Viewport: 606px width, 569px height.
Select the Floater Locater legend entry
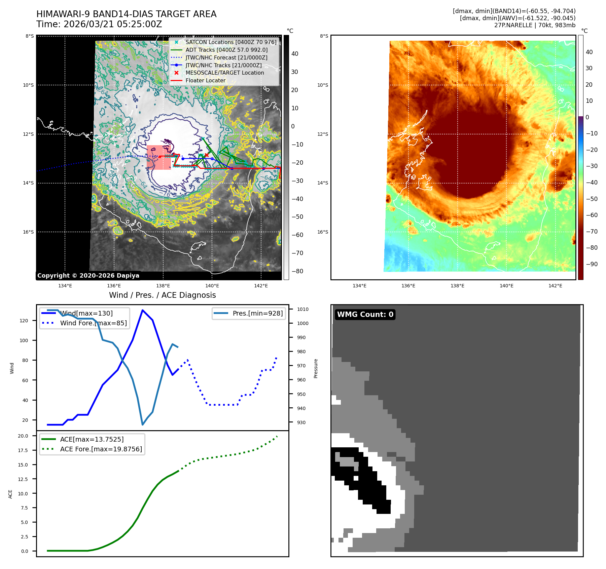click(x=205, y=80)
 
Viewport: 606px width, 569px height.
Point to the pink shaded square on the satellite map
click(x=158, y=157)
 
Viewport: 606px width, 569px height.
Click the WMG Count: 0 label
click(x=365, y=315)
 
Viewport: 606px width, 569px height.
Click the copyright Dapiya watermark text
click(x=88, y=276)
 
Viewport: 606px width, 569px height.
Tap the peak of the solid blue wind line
click(x=143, y=310)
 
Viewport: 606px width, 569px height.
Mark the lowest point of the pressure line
click(x=143, y=425)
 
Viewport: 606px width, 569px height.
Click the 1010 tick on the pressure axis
click(x=302, y=309)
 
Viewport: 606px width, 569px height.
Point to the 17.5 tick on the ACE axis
click(x=23, y=450)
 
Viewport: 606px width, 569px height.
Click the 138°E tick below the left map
click(x=163, y=286)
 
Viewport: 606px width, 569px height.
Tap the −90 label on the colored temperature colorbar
click(x=592, y=264)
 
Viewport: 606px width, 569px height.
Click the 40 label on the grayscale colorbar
click(x=295, y=54)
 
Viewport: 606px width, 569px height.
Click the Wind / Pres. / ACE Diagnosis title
click(x=163, y=295)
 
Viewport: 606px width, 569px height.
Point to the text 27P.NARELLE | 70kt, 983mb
click(x=535, y=25)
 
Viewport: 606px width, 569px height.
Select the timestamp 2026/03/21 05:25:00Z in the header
click(x=113, y=24)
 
